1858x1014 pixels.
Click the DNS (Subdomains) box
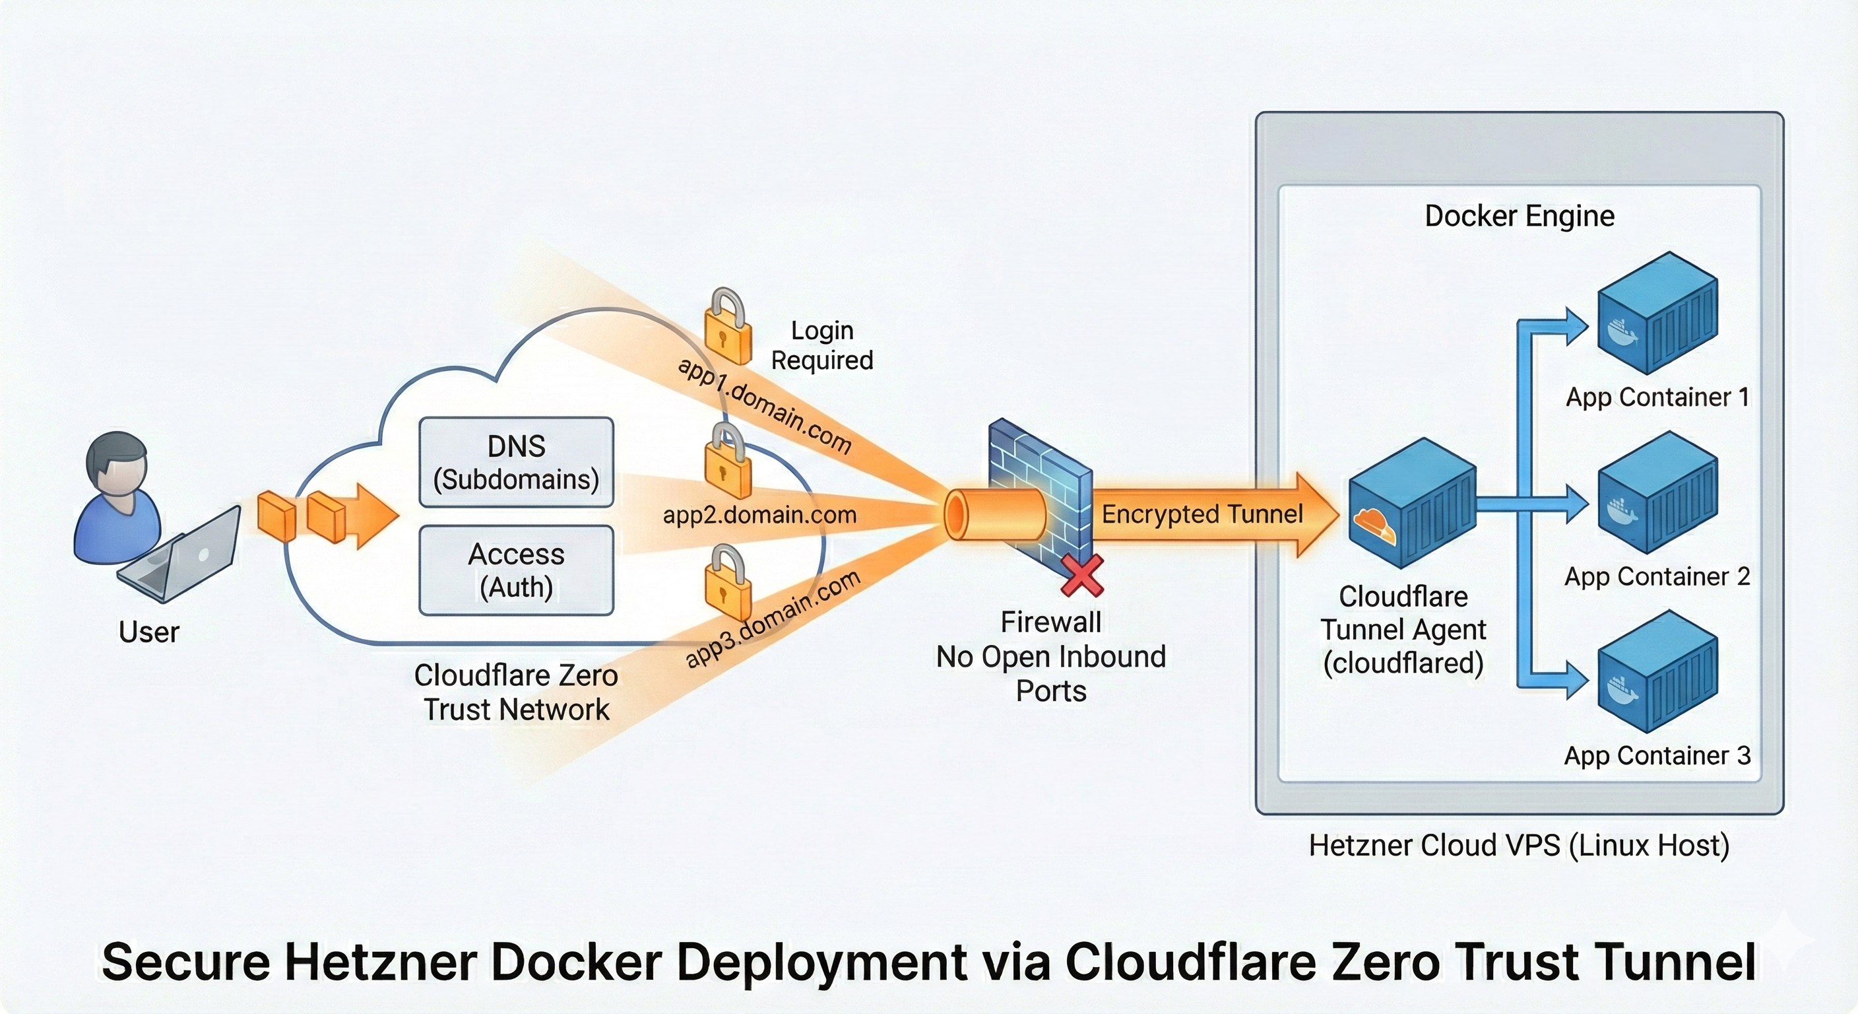tap(516, 462)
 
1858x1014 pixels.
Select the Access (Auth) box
tap(516, 570)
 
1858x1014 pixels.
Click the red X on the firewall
tap(1082, 575)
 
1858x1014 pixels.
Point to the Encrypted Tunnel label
tap(1201, 514)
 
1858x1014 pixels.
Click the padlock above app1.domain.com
tap(727, 328)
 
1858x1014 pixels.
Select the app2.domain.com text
tap(759, 514)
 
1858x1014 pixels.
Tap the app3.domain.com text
tap(772, 619)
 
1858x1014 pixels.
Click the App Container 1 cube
tap(1657, 314)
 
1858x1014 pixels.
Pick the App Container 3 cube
tap(1657, 671)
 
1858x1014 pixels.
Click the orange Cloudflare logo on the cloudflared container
tap(1373, 525)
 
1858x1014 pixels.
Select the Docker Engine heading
tap(1519, 216)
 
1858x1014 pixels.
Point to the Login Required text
tap(821, 345)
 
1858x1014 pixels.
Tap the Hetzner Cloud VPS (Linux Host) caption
tap(1519, 845)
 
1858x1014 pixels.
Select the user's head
tap(117, 462)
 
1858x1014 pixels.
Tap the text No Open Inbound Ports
tap(1051, 673)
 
